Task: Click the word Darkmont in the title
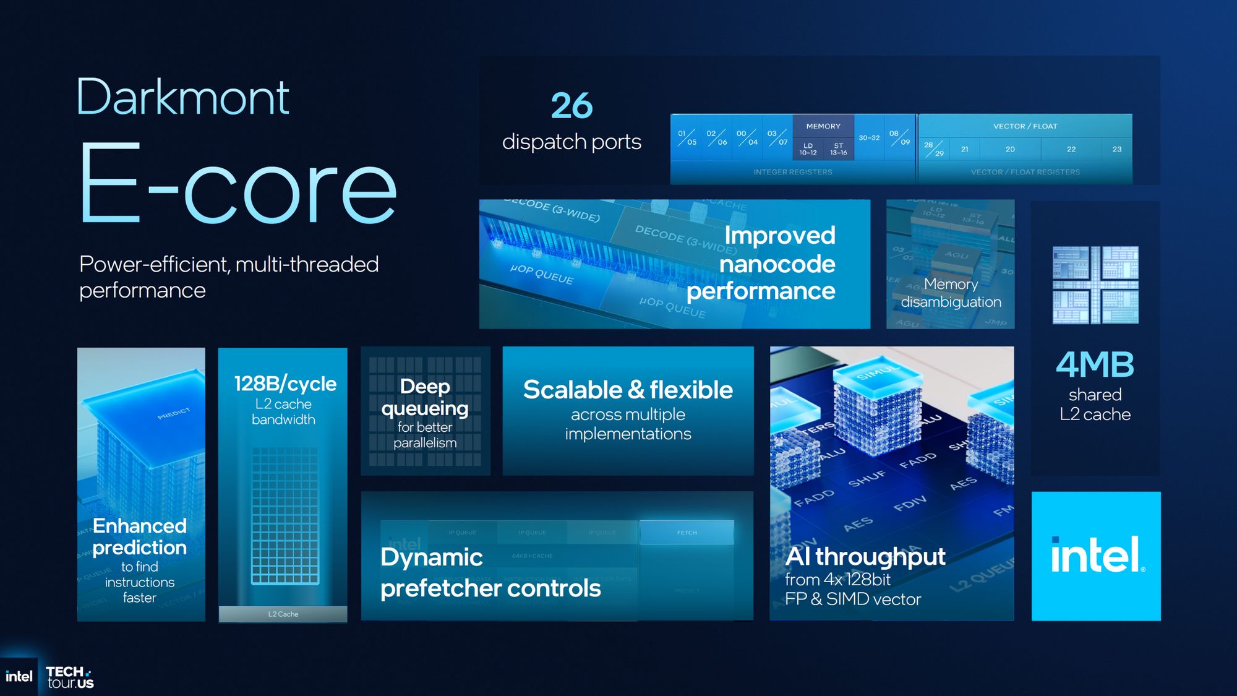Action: pos(183,98)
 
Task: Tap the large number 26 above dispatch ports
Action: pos(571,106)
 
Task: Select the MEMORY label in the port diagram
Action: pos(823,126)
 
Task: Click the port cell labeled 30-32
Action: pos(869,138)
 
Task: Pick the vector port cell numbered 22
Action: pos(1071,149)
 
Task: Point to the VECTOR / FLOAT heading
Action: pos(1025,126)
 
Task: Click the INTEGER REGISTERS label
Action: pos(792,172)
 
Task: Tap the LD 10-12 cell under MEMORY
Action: pos(808,149)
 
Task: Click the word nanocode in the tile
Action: pos(777,264)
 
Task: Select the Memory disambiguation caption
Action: pos(951,293)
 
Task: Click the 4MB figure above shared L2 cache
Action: pos(1095,365)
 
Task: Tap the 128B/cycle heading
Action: pos(285,384)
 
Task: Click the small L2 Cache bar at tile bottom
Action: pos(283,614)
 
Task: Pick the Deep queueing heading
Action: pos(425,397)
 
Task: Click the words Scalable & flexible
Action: pos(628,390)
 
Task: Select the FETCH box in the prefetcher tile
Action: pos(687,533)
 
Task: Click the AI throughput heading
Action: pos(865,557)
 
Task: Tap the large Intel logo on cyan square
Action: pos(1096,556)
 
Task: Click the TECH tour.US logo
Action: pos(69,677)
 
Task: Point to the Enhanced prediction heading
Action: pos(140,536)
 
